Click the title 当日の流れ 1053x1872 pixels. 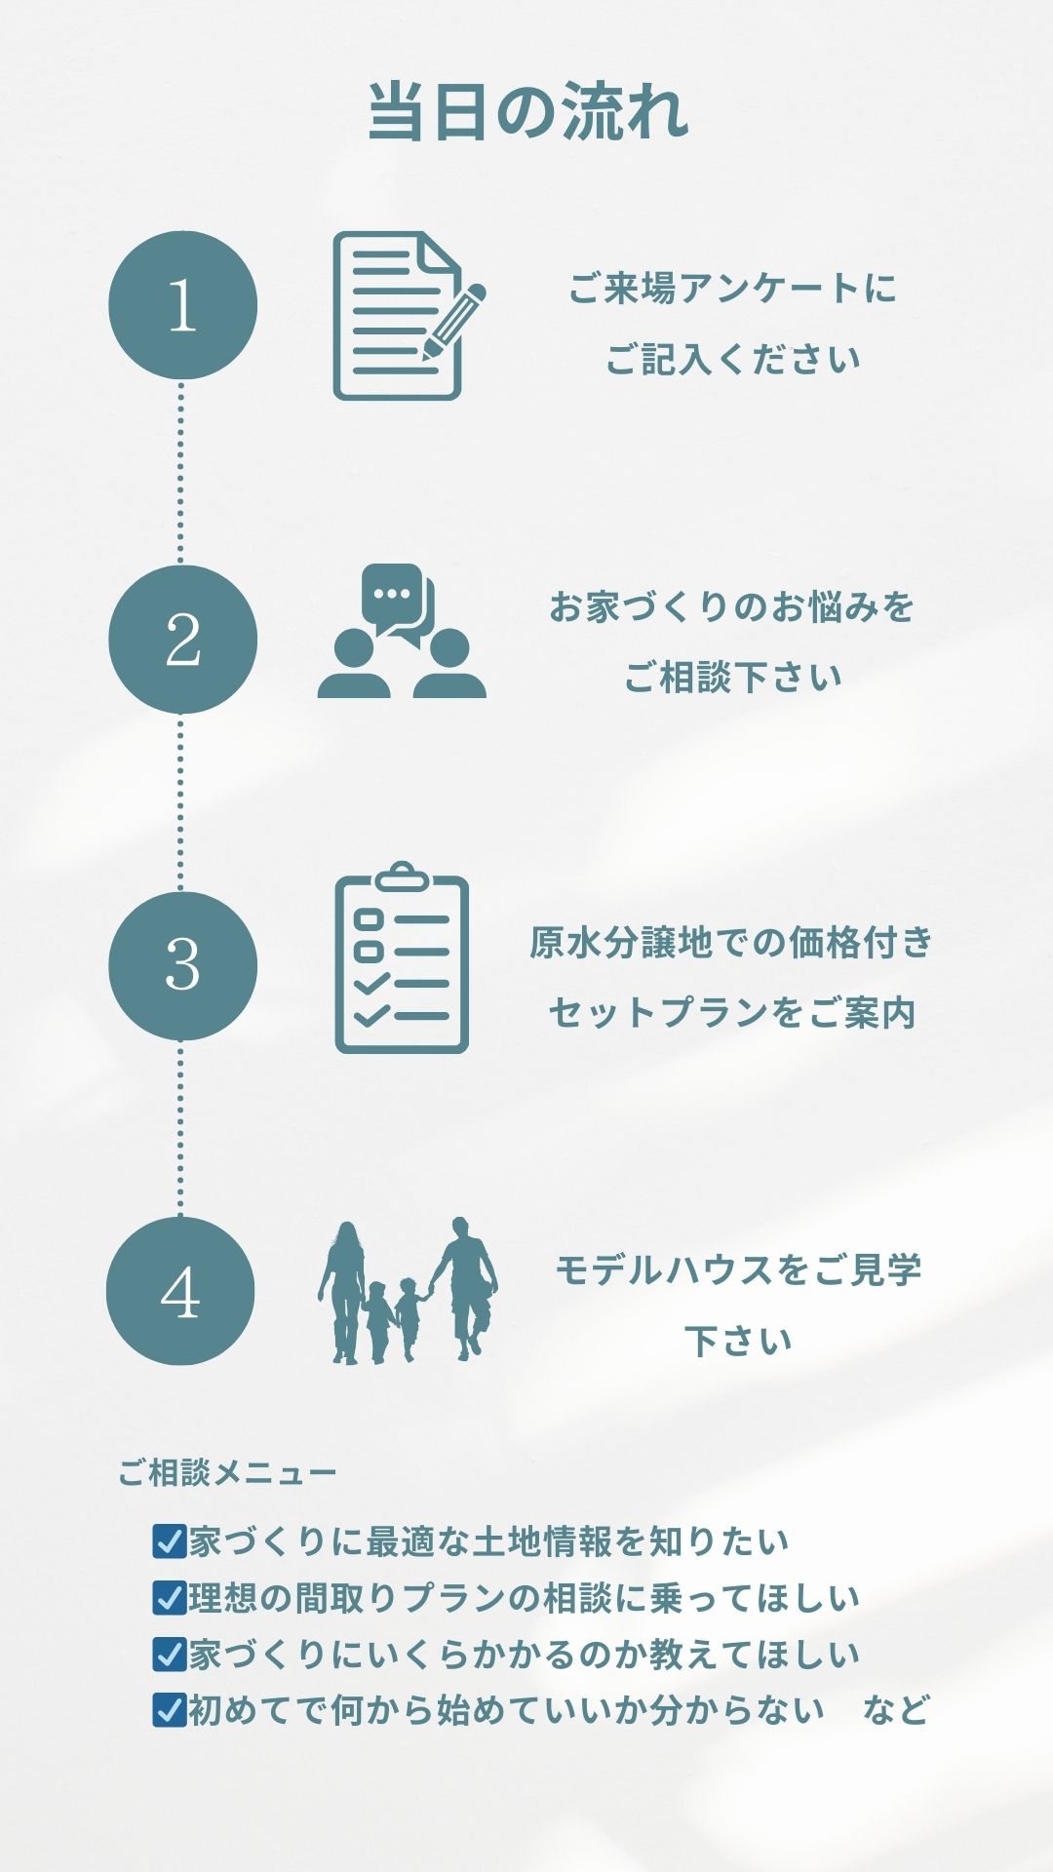[527, 112]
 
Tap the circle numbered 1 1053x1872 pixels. [182, 305]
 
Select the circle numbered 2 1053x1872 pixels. [182, 640]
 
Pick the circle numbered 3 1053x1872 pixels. [182, 965]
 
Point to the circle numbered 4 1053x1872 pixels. [180, 1291]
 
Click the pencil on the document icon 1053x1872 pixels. [454, 321]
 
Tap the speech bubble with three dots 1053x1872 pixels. [392, 593]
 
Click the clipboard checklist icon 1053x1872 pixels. [402, 957]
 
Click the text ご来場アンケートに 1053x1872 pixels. [731, 289]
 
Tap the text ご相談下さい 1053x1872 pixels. [731, 677]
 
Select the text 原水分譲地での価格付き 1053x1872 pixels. [731, 942]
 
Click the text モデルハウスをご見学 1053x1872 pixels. [737, 1269]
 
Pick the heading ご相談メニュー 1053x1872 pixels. [227, 1472]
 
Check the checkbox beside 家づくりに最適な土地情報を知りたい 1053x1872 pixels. [170, 1541]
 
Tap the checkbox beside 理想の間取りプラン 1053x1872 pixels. [170, 1598]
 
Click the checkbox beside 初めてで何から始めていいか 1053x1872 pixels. [170, 1710]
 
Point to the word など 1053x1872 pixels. [895, 1710]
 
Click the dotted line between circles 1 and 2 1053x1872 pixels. [180, 473]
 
